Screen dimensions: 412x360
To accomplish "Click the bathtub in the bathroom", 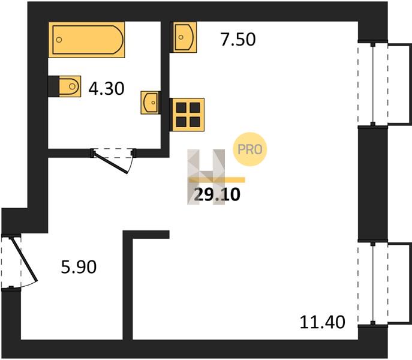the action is [x=86, y=40].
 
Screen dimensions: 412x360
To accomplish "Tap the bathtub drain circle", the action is [x=59, y=40].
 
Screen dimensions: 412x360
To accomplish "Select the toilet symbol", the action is [x=70, y=86].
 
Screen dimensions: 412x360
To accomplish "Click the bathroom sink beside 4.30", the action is [x=150, y=103].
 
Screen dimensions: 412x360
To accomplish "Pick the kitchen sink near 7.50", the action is [x=184, y=37].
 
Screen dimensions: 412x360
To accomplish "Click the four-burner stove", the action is [x=187, y=115].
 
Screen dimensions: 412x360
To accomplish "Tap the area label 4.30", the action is [x=106, y=89].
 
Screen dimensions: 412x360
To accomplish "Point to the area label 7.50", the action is [x=238, y=40].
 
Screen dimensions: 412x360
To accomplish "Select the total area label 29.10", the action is [x=217, y=195].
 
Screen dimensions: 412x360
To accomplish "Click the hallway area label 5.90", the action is [x=79, y=267].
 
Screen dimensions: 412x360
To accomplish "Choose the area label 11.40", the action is [x=323, y=322].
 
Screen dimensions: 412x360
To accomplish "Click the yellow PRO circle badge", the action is [x=250, y=149].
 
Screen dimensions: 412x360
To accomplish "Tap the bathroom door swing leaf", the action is [x=111, y=162].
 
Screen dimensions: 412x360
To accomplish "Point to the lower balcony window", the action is [x=373, y=283].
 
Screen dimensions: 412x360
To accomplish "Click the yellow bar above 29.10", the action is [x=217, y=180].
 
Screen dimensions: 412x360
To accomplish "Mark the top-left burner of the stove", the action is [x=181, y=107].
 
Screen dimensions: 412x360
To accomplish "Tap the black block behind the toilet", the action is [x=53, y=86].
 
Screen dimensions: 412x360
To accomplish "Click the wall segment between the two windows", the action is [x=373, y=184].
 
